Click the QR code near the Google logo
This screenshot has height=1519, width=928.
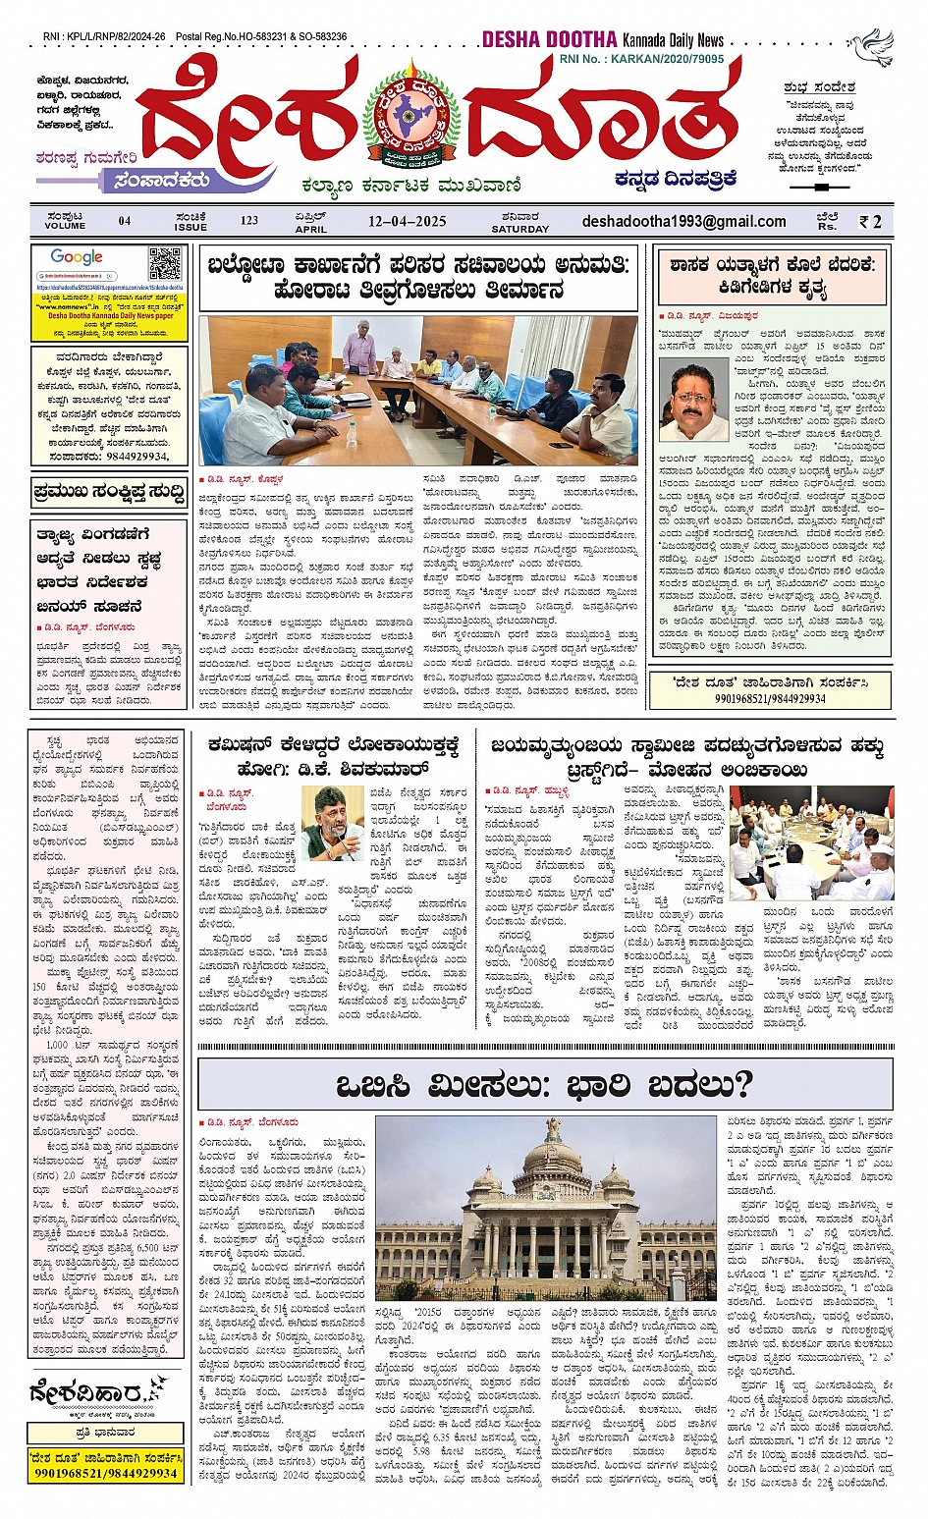tap(165, 264)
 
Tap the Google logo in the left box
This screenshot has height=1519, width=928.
tap(77, 257)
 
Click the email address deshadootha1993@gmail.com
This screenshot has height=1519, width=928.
tap(683, 221)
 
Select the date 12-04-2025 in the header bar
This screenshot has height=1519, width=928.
tap(407, 221)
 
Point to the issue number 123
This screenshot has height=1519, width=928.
tap(249, 221)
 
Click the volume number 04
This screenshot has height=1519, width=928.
tap(125, 221)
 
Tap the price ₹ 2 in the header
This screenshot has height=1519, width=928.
tap(870, 222)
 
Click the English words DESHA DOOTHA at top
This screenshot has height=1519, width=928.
tap(549, 40)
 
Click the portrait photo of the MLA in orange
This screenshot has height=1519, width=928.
tap(693, 400)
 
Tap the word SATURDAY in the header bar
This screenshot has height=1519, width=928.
tap(519, 229)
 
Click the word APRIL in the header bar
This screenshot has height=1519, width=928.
tap(310, 229)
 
